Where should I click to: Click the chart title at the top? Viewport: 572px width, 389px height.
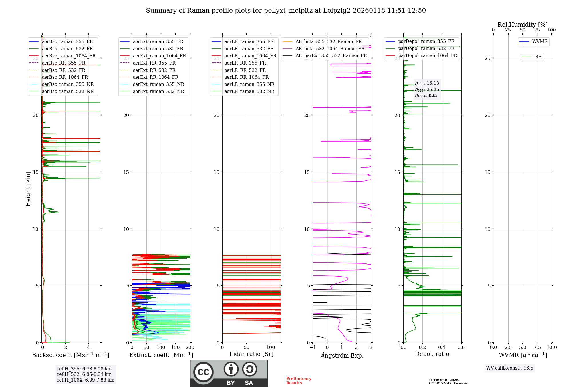[x=286, y=11]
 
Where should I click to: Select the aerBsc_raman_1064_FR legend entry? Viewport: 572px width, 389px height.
[x=69, y=56]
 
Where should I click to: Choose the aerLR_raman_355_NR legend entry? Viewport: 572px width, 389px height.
[x=249, y=84]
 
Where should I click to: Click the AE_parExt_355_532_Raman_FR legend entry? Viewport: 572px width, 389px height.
[x=331, y=56]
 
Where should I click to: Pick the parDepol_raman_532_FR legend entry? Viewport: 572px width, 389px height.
[x=426, y=49]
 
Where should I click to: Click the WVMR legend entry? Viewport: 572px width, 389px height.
[x=540, y=41]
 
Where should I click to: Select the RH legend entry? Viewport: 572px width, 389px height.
[x=538, y=57]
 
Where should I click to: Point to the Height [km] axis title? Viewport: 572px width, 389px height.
[x=28, y=189]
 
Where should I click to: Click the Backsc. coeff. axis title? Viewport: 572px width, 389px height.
[x=70, y=355]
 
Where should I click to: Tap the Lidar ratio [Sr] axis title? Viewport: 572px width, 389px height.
[x=251, y=354]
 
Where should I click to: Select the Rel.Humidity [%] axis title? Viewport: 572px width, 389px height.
[x=523, y=25]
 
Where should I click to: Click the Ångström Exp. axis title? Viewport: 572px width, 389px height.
[x=342, y=356]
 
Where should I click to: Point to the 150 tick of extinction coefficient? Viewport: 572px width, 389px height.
[x=175, y=348]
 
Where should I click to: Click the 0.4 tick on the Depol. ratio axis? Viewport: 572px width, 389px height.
[x=442, y=348]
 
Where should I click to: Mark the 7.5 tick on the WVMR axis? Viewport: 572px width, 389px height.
[x=537, y=348]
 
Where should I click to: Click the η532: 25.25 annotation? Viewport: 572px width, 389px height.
[x=427, y=90]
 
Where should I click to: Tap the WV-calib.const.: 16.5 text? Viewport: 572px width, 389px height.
[x=510, y=368]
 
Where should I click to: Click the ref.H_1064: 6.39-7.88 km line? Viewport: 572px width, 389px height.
[x=86, y=380]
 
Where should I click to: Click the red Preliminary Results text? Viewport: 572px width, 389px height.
[x=299, y=381]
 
